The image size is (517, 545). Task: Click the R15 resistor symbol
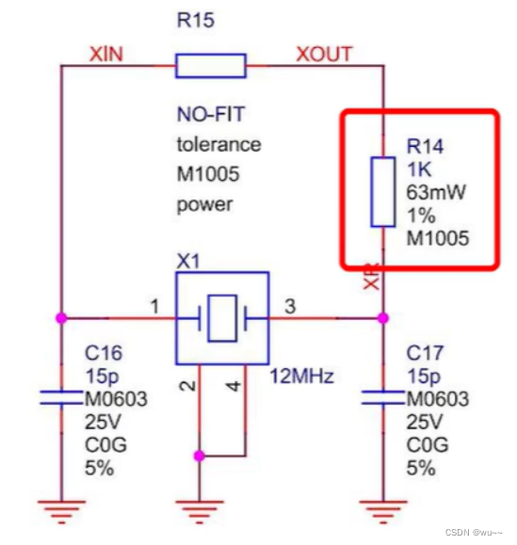[x=211, y=65]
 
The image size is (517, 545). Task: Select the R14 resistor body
[x=382, y=193]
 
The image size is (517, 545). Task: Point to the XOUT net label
[x=325, y=54]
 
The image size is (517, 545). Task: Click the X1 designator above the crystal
[x=189, y=261]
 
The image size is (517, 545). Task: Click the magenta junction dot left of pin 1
[x=61, y=318]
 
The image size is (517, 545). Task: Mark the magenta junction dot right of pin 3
[x=382, y=318]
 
